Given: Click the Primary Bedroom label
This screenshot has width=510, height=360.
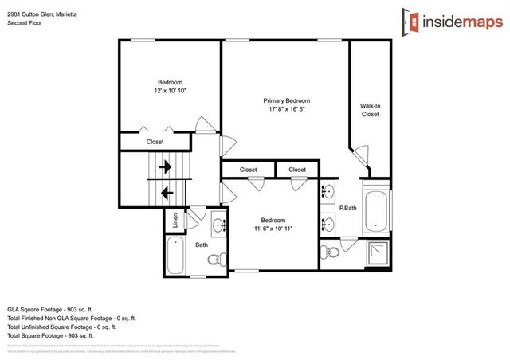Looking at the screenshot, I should [286, 101].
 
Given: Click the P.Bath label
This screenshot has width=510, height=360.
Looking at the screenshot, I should [347, 209].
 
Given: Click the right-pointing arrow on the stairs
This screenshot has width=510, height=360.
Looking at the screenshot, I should [166, 168].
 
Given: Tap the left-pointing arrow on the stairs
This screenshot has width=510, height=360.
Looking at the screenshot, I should [166, 192].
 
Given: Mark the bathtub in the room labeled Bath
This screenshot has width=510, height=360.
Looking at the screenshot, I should [177, 256].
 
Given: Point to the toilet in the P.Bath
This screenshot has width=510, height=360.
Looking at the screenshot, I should [330, 252].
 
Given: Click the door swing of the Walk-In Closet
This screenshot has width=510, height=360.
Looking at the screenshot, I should [363, 154].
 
